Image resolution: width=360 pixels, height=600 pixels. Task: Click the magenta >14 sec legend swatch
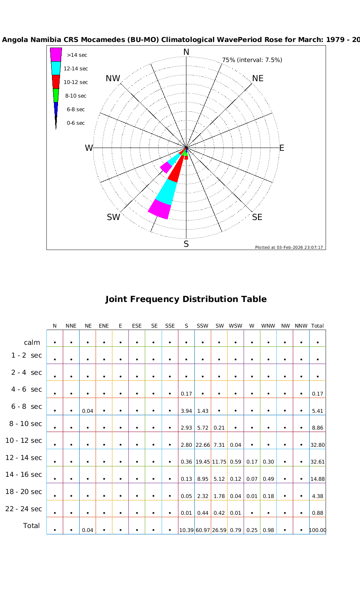point(56,54)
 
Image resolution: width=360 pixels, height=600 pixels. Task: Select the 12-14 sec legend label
point(76,69)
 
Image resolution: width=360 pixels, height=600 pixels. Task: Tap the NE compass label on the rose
point(258,78)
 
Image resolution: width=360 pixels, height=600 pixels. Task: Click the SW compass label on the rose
point(113,217)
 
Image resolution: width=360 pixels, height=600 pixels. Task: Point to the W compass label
point(88,148)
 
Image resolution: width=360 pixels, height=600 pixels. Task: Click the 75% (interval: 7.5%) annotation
point(252,60)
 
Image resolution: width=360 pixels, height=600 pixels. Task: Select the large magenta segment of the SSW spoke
point(159,209)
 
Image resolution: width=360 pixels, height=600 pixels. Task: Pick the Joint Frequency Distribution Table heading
point(186,299)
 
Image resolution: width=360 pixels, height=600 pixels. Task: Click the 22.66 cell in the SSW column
point(203,445)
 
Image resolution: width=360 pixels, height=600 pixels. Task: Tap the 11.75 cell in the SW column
point(219,462)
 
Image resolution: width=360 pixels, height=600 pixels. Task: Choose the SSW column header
point(202,326)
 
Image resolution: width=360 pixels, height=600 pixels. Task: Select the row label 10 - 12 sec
point(24,440)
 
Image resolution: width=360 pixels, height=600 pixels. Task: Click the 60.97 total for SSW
point(203,530)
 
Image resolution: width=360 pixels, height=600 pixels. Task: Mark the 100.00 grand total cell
point(318,530)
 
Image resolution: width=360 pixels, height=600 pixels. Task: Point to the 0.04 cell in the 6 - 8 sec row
point(88,411)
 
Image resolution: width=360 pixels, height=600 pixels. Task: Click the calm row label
point(32,342)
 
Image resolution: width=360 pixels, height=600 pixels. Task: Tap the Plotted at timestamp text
point(289,247)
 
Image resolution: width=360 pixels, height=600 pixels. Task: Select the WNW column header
point(268,326)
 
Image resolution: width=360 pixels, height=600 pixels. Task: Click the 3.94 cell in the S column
point(186,411)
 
